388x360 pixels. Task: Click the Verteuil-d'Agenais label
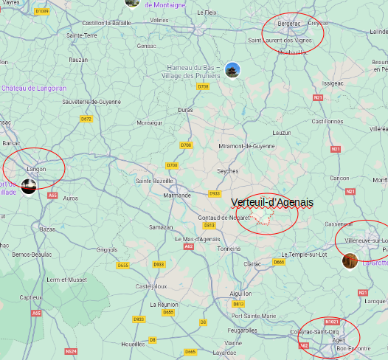point(271,202)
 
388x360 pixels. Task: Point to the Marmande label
point(176,195)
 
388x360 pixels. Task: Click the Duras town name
point(186,109)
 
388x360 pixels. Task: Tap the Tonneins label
point(229,249)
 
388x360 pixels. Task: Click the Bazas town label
point(46,229)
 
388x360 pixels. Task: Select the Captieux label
point(30,297)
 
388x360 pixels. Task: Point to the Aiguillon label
point(240,293)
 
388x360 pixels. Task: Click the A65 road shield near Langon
point(52,195)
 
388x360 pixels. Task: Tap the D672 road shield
point(86,118)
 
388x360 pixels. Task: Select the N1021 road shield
point(333,321)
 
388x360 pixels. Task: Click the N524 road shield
point(71,351)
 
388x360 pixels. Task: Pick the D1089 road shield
point(42,11)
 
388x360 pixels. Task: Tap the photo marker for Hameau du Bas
point(233,70)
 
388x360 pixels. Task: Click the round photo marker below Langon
point(30,187)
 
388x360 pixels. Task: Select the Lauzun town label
point(283,132)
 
